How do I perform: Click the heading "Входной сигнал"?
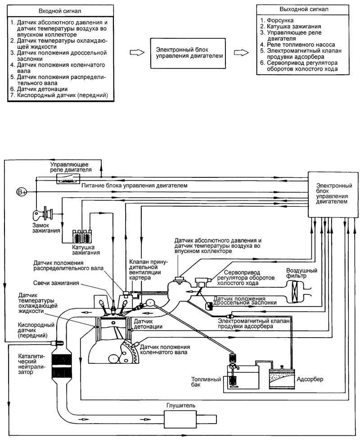60,11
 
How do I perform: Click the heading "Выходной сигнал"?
304,9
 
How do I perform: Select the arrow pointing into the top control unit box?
137,53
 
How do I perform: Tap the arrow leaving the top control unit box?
241,53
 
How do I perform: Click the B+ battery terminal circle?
22,192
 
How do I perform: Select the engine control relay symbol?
68,179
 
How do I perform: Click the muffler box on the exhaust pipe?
180,418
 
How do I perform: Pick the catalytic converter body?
62,365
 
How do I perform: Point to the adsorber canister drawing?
282,378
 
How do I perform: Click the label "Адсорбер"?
310,379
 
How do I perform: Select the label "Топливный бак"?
206,382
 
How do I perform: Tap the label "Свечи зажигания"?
56,283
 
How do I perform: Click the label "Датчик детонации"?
148,324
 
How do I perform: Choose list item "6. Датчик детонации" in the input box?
39,89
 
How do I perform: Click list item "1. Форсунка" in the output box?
277,20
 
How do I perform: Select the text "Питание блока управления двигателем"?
135,185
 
